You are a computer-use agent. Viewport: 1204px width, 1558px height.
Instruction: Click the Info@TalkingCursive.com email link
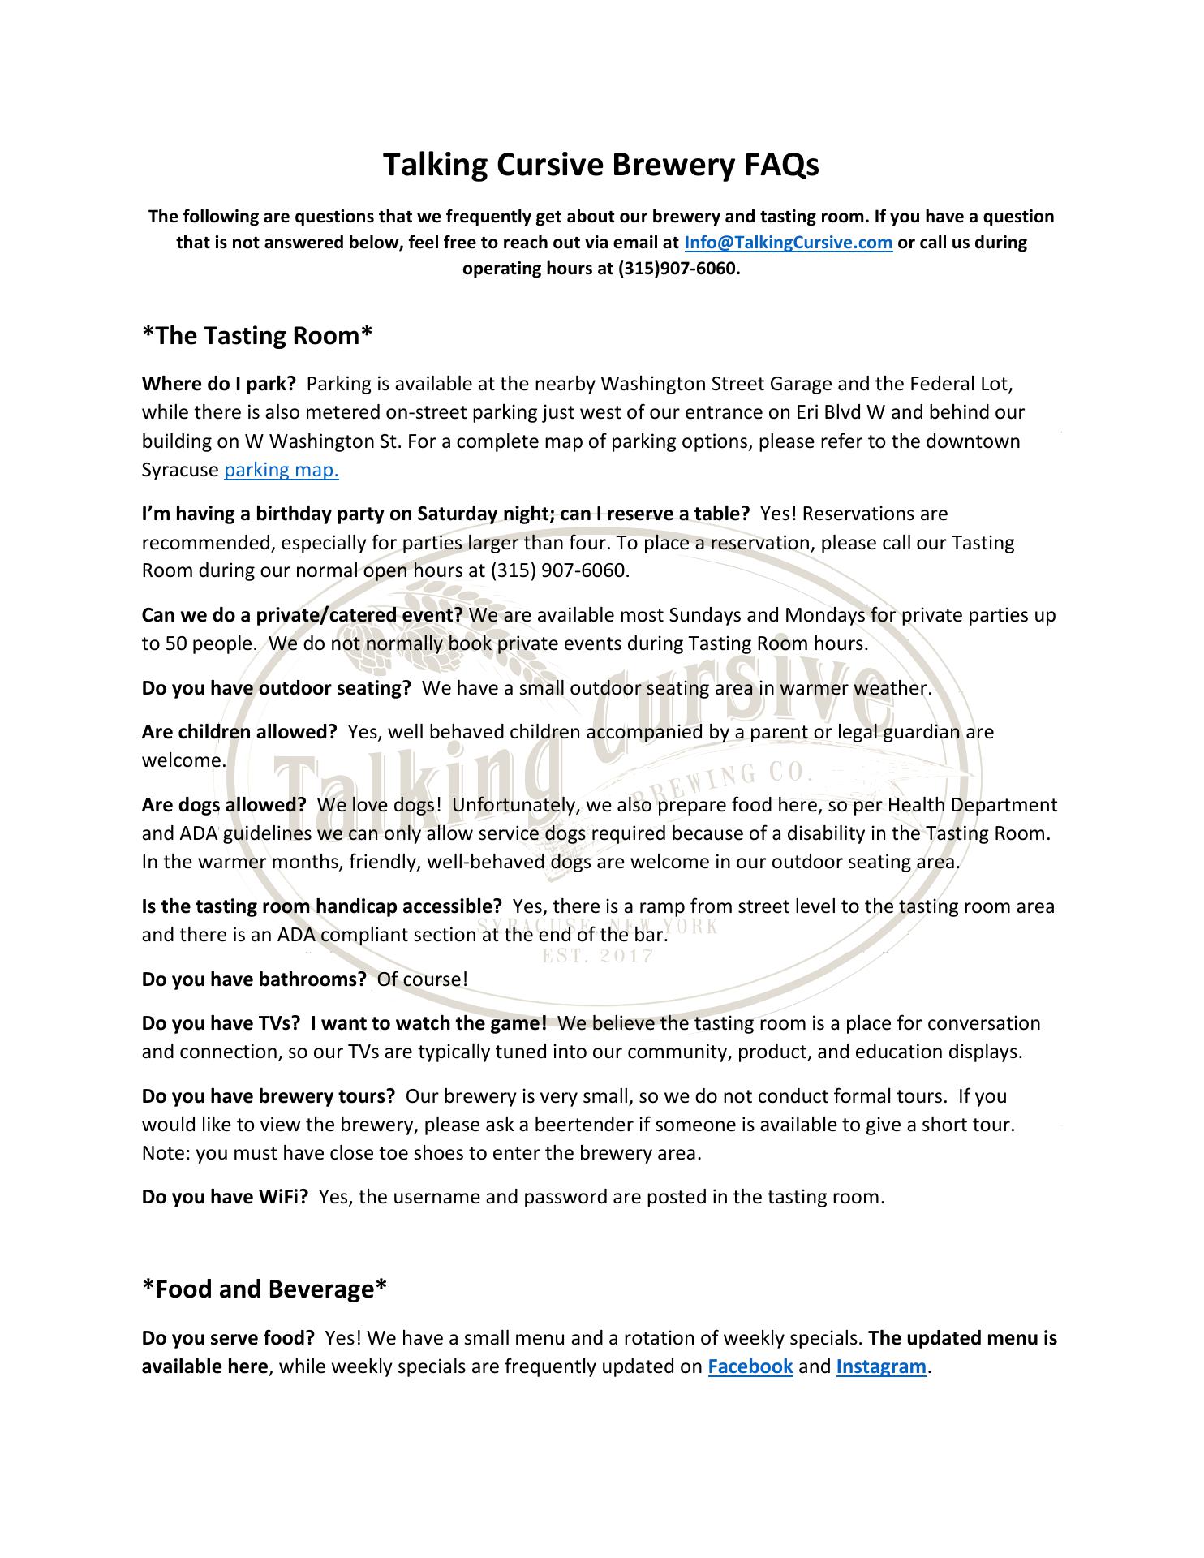(x=789, y=243)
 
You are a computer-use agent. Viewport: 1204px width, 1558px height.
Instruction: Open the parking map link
(x=281, y=470)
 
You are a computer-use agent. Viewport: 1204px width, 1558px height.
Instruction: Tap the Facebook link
(x=750, y=1366)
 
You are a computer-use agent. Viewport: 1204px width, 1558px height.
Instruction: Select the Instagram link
(x=881, y=1366)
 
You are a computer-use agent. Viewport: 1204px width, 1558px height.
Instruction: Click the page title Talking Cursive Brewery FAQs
(x=601, y=165)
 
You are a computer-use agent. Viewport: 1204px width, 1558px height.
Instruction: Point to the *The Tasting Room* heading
(x=257, y=335)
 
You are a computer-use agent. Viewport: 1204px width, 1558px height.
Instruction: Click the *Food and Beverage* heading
(x=264, y=1289)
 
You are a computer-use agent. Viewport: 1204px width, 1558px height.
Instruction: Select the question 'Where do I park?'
(x=218, y=383)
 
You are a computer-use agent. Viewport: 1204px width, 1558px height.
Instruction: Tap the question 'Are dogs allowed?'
(x=224, y=805)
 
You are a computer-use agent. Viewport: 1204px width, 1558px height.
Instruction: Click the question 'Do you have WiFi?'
(x=225, y=1196)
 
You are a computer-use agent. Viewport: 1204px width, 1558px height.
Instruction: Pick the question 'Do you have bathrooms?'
(x=254, y=979)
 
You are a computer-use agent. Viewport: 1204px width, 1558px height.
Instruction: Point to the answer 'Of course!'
(x=423, y=979)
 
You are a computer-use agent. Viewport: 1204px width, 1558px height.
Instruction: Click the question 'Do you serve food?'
(x=228, y=1337)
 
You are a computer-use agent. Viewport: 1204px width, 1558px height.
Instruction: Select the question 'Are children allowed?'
(x=239, y=732)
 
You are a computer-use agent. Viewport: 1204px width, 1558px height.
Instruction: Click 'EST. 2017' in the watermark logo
(x=598, y=956)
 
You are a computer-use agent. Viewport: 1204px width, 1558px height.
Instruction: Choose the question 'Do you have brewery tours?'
(x=268, y=1096)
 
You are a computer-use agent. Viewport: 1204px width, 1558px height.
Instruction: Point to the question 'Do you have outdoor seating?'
(x=277, y=688)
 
